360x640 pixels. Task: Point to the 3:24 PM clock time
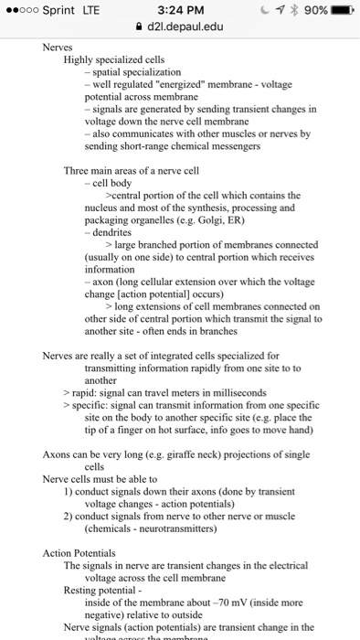[180, 11]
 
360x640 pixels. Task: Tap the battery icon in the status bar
[342, 11]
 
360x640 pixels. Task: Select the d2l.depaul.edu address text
[185, 28]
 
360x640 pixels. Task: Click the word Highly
[81, 59]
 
